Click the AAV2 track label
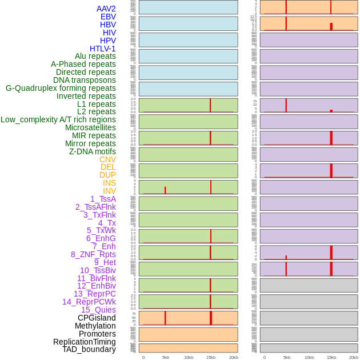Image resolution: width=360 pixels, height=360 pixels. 106,9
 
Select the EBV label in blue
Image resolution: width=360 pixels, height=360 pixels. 108,17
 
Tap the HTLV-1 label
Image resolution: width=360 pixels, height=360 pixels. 103,49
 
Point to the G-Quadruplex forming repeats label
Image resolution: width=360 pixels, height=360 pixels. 61,88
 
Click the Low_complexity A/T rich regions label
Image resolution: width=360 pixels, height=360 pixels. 58,119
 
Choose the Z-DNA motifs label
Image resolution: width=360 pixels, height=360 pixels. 93,151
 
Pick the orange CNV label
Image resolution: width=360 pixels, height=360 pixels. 107,159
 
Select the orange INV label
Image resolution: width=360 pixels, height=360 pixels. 109,191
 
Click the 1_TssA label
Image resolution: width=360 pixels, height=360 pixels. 103,199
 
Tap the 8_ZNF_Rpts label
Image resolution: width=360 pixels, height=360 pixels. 93,254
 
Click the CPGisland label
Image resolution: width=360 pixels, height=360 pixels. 97,318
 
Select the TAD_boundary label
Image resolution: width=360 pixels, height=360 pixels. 89,349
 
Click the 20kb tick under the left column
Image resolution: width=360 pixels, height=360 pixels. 234,357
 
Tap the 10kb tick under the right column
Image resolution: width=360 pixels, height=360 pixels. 309,357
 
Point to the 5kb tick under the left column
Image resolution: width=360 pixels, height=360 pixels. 166,357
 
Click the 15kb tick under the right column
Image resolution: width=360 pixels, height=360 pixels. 331,357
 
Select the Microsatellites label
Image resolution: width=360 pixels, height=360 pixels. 90,127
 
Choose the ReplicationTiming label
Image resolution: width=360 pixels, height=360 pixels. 85,342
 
